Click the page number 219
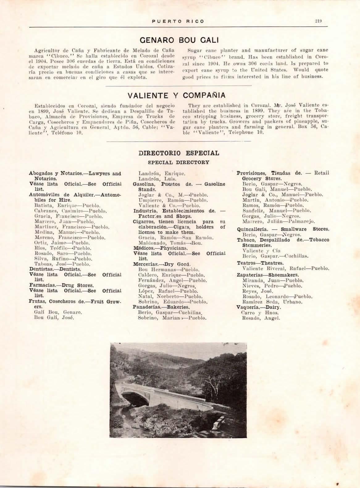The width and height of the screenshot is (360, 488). pos(318,21)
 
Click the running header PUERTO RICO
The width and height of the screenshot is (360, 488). pos(178,21)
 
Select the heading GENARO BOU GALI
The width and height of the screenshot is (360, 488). pos(179,40)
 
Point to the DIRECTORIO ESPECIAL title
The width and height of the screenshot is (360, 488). pos(179,153)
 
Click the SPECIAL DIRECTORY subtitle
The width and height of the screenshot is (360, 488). pos(178,162)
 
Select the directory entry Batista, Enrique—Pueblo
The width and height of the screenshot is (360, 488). pos(67,205)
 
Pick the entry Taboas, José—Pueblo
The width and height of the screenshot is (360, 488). pos(62,264)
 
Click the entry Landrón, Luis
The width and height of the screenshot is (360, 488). pos(157,179)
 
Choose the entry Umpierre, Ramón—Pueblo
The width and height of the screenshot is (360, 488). pos(173,200)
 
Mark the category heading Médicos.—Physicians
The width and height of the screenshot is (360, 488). pos(160,248)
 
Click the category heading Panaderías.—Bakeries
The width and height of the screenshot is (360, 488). pos(161,307)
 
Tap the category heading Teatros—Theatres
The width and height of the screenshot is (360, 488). pos(260,263)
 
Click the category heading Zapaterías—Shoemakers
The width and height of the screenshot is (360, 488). pos(268,275)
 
